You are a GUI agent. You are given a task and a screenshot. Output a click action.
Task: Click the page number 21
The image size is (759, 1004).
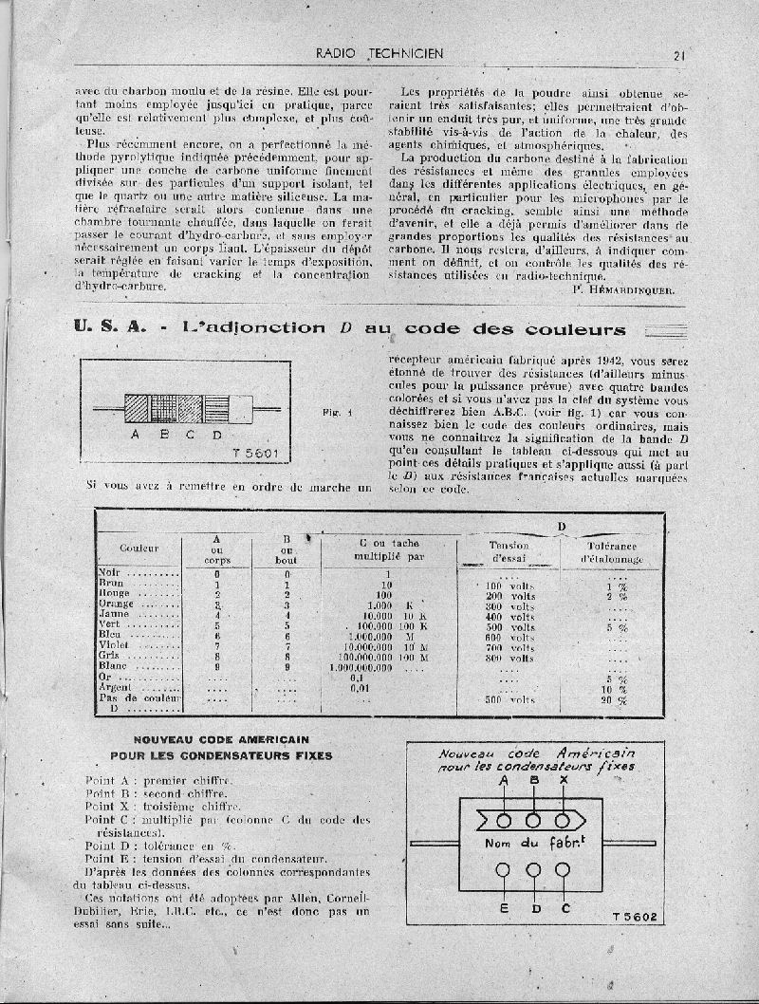click(x=678, y=55)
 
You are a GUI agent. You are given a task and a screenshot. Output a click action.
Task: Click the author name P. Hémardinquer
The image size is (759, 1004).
click(x=624, y=289)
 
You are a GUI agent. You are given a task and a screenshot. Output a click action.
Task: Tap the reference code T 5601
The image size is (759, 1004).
click(x=255, y=453)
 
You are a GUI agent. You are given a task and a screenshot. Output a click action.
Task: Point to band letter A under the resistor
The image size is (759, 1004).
click(x=136, y=435)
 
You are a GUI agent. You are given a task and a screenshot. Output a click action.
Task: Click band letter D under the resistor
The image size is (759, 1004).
click(x=217, y=435)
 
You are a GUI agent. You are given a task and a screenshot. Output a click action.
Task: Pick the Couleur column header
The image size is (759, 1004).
click(x=139, y=548)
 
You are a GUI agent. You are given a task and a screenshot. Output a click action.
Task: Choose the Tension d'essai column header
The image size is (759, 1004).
click(x=509, y=552)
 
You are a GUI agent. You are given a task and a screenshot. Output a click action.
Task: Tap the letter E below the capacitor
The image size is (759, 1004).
click(x=504, y=909)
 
